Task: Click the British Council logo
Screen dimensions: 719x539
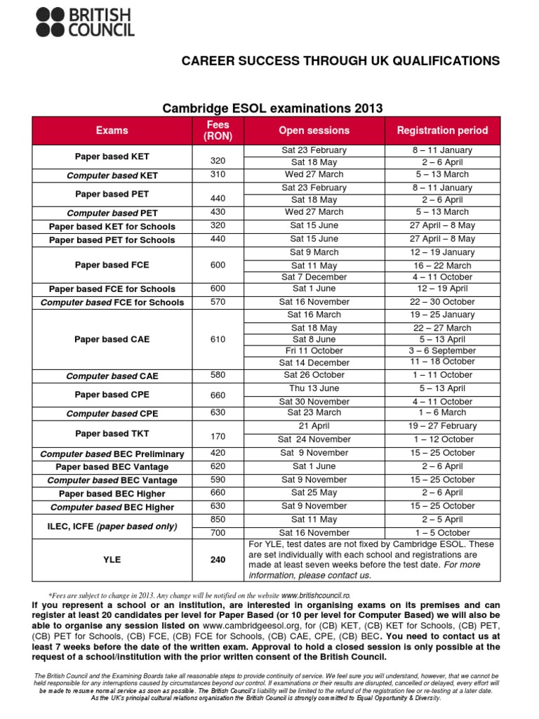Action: click(85, 22)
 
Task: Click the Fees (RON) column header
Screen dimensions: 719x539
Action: click(218, 130)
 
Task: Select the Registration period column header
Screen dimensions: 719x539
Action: click(442, 130)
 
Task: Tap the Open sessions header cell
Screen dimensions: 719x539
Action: click(314, 130)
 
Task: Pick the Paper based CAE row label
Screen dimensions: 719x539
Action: click(112, 339)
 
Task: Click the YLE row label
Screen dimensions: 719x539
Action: click(112, 560)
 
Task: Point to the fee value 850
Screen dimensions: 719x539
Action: click(218, 520)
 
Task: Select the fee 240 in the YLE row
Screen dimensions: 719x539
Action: click(218, 560)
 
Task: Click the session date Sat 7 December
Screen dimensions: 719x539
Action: click(314, 277)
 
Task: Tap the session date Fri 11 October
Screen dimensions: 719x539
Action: click(314, 350)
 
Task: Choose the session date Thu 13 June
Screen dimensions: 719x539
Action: click(314, 388)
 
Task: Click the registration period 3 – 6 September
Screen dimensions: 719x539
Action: click(442, 350)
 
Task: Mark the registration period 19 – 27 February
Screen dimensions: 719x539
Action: click(442, 426)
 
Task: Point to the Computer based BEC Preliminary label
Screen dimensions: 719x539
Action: click(112, 454)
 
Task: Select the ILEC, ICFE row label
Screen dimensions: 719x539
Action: click(112, 526)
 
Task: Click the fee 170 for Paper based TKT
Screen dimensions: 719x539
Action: click(218, 436)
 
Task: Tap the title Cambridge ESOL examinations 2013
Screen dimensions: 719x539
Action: click(273, 108)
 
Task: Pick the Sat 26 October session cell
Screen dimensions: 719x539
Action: click(314, 375)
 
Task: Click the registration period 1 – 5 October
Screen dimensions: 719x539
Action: click(442, 533)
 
